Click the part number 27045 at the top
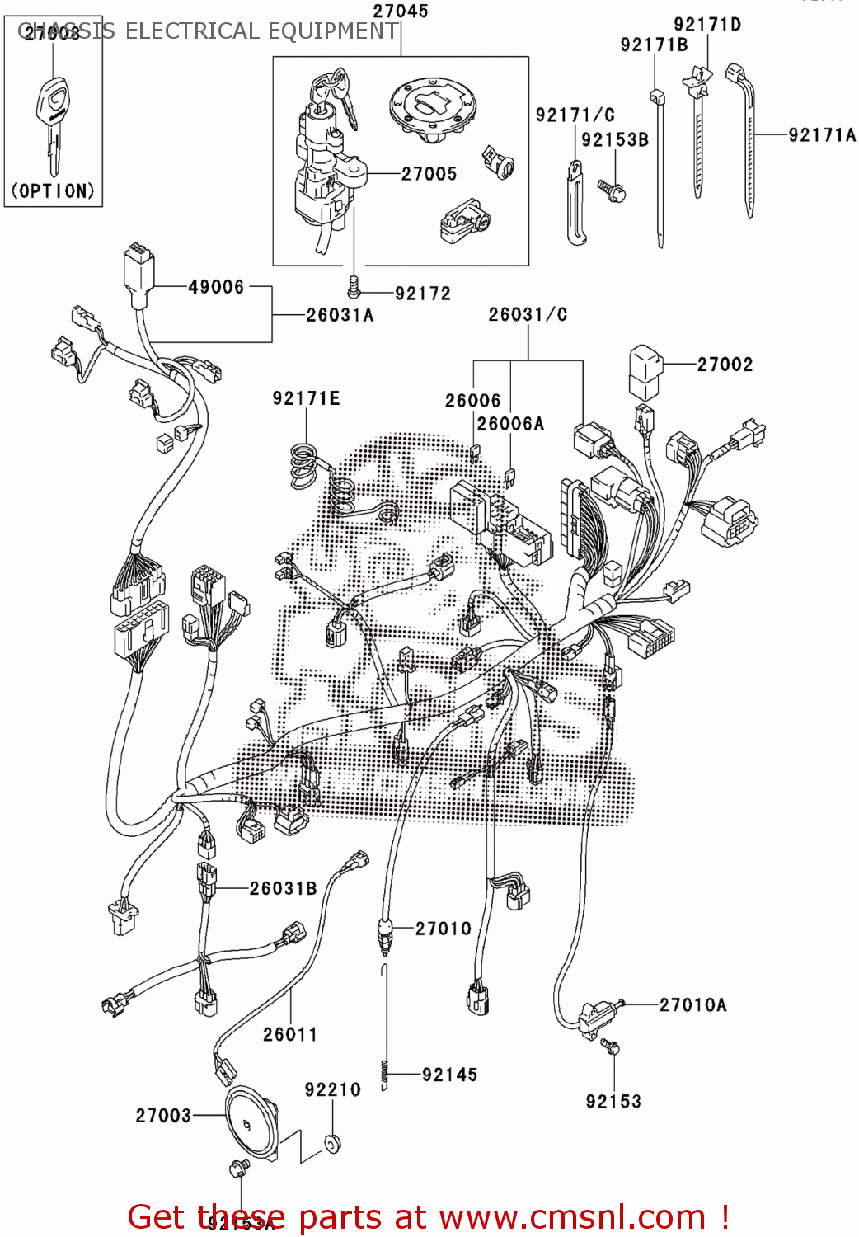401,12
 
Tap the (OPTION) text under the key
53,190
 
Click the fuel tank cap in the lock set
428,108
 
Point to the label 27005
429,174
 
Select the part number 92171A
821,135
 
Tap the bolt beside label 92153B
613,190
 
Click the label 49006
216,287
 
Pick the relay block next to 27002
645,373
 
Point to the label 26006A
510,424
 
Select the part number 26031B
283,888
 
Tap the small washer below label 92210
333,1144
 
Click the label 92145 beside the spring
449,1075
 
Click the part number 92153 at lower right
613,1102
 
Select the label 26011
290,1034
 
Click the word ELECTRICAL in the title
193,31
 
